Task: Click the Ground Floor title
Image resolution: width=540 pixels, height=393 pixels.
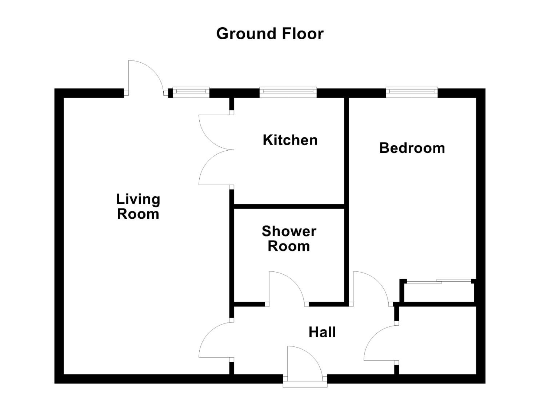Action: click(x=269, y=34)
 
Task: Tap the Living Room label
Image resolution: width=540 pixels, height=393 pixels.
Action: click(x=138, y=206)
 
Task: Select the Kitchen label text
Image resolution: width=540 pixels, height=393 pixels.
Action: click(x=290, y=140)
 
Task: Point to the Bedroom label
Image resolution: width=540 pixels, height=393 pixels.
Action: click(x=412, y=148)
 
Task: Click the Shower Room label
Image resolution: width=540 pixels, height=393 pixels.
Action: click(x=289, y=239)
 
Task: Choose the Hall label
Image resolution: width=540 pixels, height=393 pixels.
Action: click(x=322, y=332)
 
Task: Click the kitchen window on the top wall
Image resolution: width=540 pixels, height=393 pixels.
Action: click(x=288, y=92)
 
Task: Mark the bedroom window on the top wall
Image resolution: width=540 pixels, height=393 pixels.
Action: click(x=412, y=92)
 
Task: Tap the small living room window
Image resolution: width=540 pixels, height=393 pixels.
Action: click(x=191, y=92)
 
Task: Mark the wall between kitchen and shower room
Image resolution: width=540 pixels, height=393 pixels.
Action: click(x=289, y=206)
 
